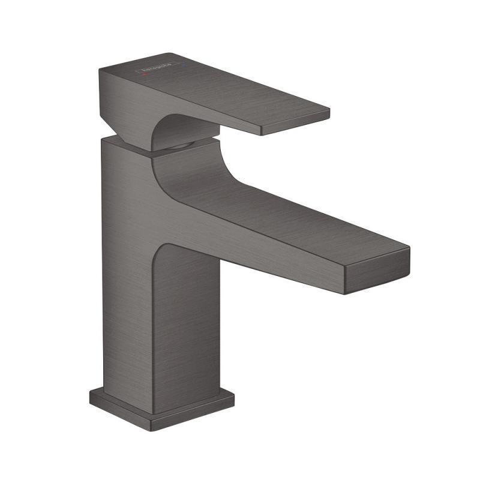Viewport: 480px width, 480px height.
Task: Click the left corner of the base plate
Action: coord(91,393)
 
